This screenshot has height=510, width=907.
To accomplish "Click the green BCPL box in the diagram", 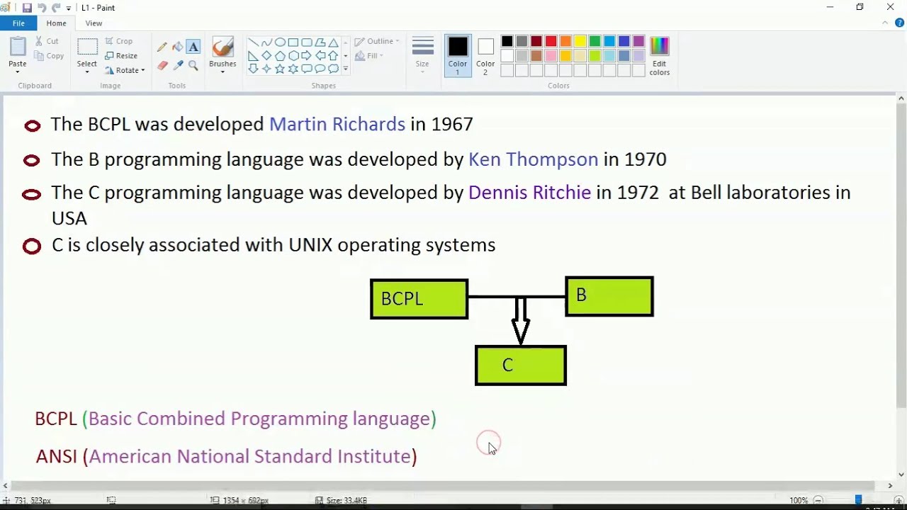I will [x=419, y=299].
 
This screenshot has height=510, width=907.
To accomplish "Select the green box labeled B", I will [x=609, y=296].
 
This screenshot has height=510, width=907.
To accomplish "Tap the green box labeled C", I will [x=521, y=365].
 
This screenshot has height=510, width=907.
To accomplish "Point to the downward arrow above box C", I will [x=521, y=322].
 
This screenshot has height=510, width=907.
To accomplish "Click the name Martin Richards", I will [x=337, y=125].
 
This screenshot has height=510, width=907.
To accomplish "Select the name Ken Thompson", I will [x=533, y=159].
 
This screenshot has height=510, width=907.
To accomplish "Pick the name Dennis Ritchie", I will [x=529, y=193].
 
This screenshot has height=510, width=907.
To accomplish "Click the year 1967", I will [x=451, y=125].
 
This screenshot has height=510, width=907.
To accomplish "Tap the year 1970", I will [x=645, y=159].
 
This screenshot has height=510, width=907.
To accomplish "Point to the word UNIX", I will [x=310, y=245].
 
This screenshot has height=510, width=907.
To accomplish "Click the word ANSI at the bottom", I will [x=56, y=456].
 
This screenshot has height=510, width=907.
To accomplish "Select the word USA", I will [x=69, y=218].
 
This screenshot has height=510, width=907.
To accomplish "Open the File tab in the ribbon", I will [x=18, y=23].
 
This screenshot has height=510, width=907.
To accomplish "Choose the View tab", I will [x=94, y=23].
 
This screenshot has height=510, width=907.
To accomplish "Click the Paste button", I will [x=18, y=53].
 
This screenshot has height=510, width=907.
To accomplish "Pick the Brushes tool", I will [x=222, y=53].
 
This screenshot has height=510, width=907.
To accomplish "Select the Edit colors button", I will [x=659, y=56].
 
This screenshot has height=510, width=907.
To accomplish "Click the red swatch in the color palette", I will [x=551, y=42].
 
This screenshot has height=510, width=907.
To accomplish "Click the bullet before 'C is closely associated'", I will [x=32, y=246].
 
